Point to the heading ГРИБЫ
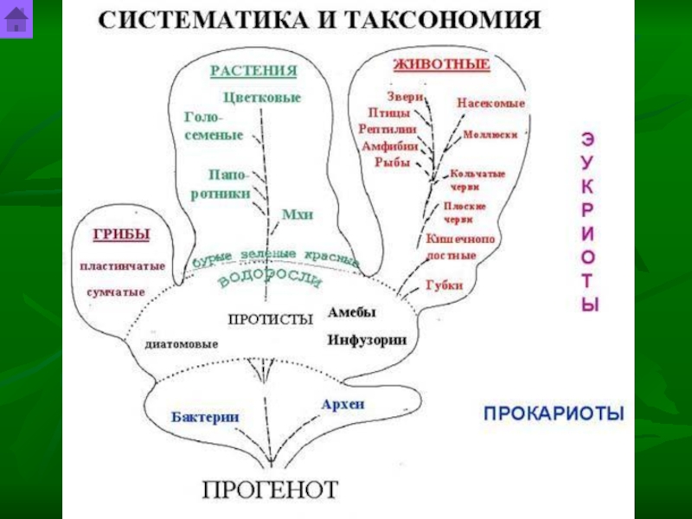point(121,234)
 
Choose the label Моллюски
point(490,135)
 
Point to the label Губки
point(445,285)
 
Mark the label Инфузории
point(367,339)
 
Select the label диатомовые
point(182,344)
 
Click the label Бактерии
point(205,416)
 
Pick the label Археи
point(343,404)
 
